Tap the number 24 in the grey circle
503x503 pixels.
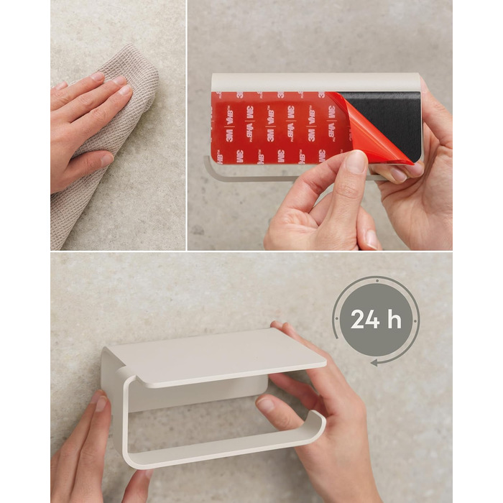pos(365,319)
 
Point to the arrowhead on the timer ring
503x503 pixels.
pos(374,363)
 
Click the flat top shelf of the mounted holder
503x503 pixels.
pos(218,356)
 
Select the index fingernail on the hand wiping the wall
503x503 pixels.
pos(124,90)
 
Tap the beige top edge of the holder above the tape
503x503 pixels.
pos(315,82)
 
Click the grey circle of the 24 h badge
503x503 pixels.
pos(376,320)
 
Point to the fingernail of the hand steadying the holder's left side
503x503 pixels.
pos(101,403)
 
